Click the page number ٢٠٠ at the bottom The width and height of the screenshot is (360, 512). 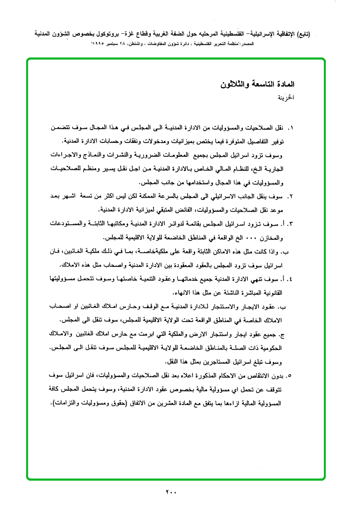tap(171, 492)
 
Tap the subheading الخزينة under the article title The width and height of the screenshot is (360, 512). tap(286, 99)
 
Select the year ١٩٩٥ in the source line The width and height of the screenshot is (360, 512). tap(98, 43)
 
